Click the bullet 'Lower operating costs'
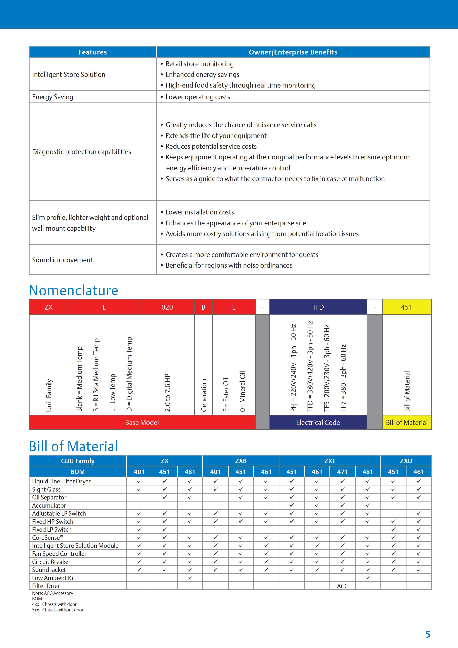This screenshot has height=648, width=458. (198, 97)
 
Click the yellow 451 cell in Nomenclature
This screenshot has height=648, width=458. (406, 307)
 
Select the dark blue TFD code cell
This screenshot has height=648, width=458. (318, 307)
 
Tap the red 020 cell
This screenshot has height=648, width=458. (167, 307)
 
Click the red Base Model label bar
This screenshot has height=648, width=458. (142, 422)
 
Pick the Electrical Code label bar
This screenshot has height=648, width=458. (318, 422)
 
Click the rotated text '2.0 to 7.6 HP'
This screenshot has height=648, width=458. (167, 393)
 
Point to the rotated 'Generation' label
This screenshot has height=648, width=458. (204, 395)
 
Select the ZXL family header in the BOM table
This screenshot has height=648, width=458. (330, 461)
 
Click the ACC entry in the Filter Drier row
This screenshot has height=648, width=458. (342, 586)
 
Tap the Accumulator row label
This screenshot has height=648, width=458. (49, 505)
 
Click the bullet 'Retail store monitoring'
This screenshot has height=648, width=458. (199, 64)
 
